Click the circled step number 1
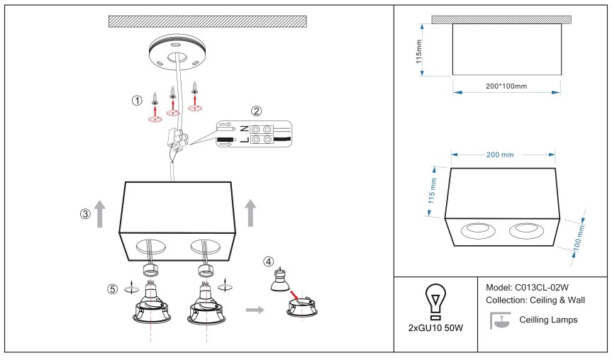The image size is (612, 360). [x=138, y=101]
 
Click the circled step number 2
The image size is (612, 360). [x=257, y=111]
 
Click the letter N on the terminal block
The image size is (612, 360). [x=244, y=128]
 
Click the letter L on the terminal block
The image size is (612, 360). [x=244, y=141]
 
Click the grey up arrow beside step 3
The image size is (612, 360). [x=100, y=212]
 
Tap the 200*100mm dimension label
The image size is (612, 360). [x=506, y=86]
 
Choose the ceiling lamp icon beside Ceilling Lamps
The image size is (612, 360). [x=501, y=321]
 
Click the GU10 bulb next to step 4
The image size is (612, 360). [x=279, y=283]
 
